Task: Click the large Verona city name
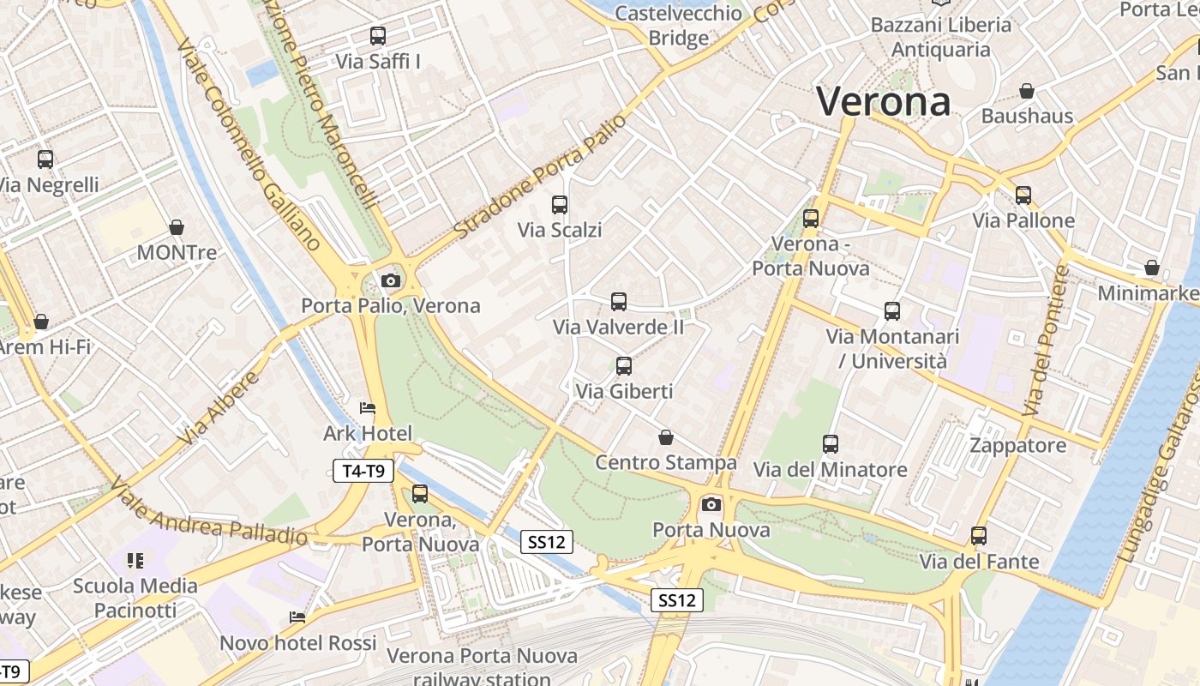coord(883,101)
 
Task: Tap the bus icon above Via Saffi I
coord(378,36)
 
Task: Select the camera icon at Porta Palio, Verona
coord(391,280)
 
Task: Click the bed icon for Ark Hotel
coord(368,408)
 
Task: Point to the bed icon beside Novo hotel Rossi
coord(297,617)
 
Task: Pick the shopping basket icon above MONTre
coord(177,227)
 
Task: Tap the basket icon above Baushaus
coord(1027,91)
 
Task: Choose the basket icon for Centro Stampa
coord(666,437)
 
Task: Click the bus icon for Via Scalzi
coord(560,205)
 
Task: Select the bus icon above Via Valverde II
coord(619,302)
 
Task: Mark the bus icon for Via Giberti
coord(624,366)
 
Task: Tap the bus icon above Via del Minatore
coord(830,444)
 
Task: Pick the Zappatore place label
coord(1018,445)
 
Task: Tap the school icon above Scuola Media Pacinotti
coord(135,561)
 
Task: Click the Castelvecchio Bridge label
coord(679,26)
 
